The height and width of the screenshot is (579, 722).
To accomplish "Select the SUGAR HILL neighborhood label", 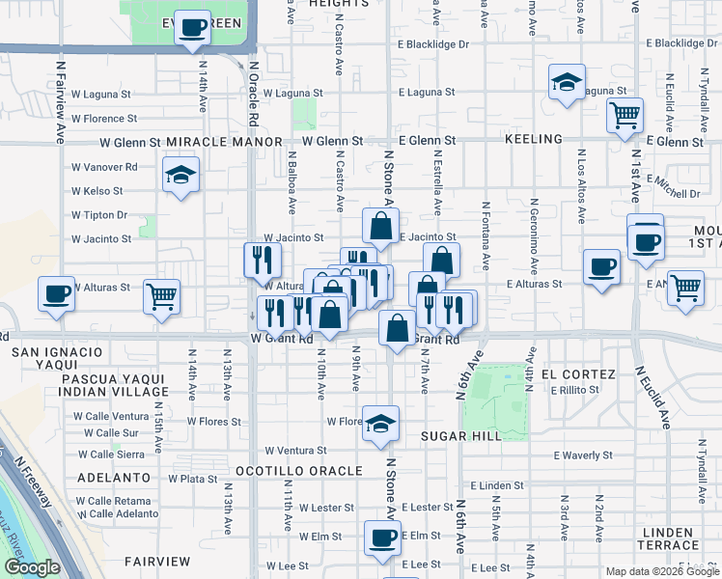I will pos(460,436).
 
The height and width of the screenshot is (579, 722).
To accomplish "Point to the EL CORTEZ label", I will pos(578,373).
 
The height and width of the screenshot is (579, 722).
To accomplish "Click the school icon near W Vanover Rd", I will pos(180,177).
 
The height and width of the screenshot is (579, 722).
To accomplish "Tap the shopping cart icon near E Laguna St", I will pos(625,116).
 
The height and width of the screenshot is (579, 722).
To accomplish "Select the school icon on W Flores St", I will pos(381,423).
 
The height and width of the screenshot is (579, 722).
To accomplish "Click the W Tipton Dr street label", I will pos(99,215).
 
